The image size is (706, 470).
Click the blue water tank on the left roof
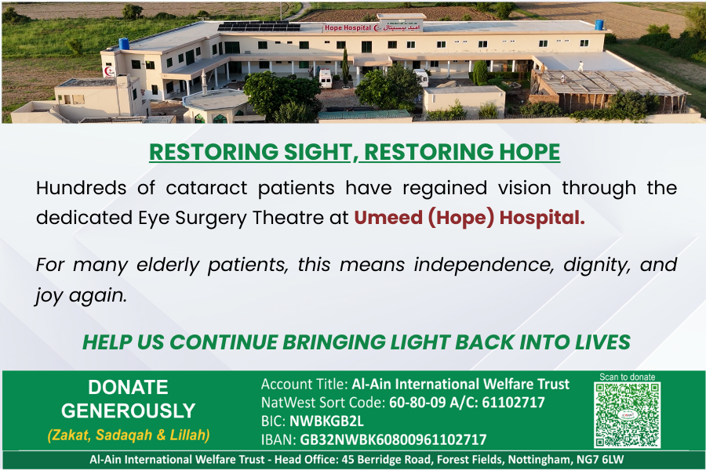click(x=124, y=44)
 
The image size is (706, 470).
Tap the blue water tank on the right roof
click(x=599, y=25)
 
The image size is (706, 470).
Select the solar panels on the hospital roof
click(x=259, y=26)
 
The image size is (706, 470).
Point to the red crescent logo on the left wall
click(x=108, y=71)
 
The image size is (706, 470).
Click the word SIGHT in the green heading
click(x=311, y=151)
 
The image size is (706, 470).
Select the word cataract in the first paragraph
click(x=206, y=188)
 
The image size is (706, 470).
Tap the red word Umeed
click(x=388, y=218)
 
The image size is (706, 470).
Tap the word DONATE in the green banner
click(x=129, y=387)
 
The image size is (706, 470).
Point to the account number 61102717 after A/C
click(x=513, y=402)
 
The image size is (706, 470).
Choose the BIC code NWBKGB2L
click(x=326, y=421)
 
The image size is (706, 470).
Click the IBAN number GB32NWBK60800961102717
click(x=394, y=439)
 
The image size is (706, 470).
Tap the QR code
click(x=628, y=414)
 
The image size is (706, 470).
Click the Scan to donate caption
click(x=628, y=377)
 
